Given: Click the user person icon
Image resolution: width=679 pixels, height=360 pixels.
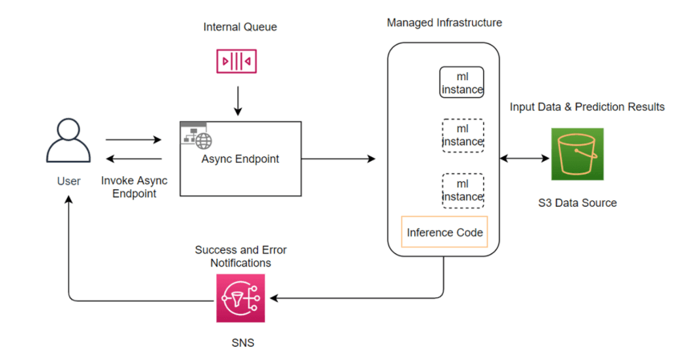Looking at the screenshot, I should pos(68,141).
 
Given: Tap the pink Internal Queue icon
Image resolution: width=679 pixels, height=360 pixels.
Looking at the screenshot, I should pos(237,62).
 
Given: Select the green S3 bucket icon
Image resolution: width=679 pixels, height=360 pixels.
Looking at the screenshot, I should pos(577,154).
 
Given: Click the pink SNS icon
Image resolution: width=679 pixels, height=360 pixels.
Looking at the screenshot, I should pos(240,298).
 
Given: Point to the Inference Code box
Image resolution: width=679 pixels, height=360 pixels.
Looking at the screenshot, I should pos(444,233).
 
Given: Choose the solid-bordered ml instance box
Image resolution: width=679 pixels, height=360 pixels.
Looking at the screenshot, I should pos(461,83).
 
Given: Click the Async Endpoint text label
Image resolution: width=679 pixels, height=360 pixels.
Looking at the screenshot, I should pos(240,159).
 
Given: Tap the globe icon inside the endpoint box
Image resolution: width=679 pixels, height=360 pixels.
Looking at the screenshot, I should pos(204,140).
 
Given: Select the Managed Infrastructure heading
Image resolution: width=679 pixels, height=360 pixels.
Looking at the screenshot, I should pos(444,23).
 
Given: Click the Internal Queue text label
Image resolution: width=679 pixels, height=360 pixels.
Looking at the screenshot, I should pos(240,27).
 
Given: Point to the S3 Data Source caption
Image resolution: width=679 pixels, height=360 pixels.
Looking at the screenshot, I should pos(577,203).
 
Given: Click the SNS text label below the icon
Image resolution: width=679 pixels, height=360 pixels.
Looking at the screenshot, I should pos(240,342).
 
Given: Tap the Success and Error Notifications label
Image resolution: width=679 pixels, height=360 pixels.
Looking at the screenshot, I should pos(240,256).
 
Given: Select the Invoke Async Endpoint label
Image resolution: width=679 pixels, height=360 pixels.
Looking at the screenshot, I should pos(134,187).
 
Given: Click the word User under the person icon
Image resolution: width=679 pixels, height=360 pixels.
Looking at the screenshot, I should pos(68,181).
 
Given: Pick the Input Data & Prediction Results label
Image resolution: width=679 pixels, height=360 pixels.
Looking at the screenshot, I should pos(587,106).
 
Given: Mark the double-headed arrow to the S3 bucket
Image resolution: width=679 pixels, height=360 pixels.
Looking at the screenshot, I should pos(524,158).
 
